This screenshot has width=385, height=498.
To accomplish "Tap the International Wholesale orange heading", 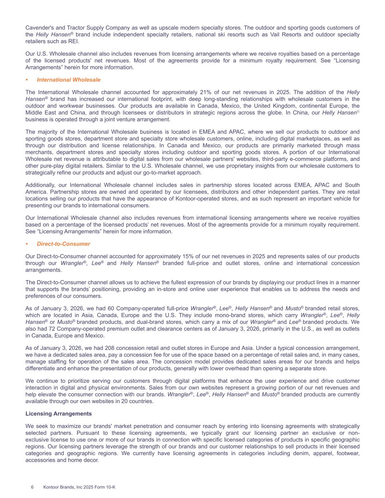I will point(69,80).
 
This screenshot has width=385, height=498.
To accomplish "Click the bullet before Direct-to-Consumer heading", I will point(27,244).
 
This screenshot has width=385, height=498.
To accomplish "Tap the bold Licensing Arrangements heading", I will point(58,413).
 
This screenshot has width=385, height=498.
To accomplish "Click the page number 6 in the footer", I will point(32,487).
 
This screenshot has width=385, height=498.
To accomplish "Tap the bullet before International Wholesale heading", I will point(27,80).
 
